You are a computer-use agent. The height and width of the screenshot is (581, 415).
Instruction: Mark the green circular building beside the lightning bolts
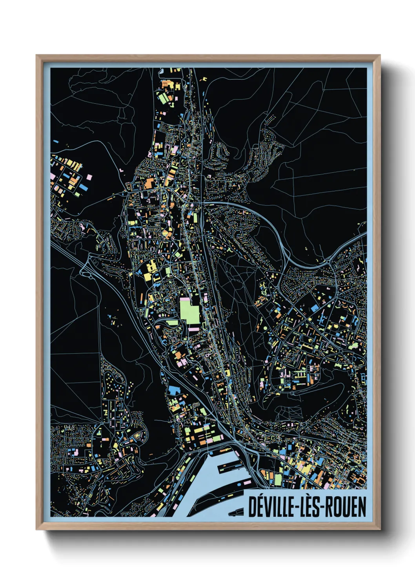(265, 327)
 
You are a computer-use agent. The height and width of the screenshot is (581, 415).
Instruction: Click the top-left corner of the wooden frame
(36, 56)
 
